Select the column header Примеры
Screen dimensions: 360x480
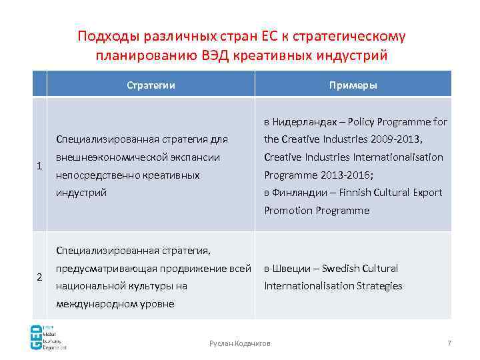353,85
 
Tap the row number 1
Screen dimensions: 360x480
40,166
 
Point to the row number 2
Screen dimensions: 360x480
40,277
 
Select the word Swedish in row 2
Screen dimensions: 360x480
342,269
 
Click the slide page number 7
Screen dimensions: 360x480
449,343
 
